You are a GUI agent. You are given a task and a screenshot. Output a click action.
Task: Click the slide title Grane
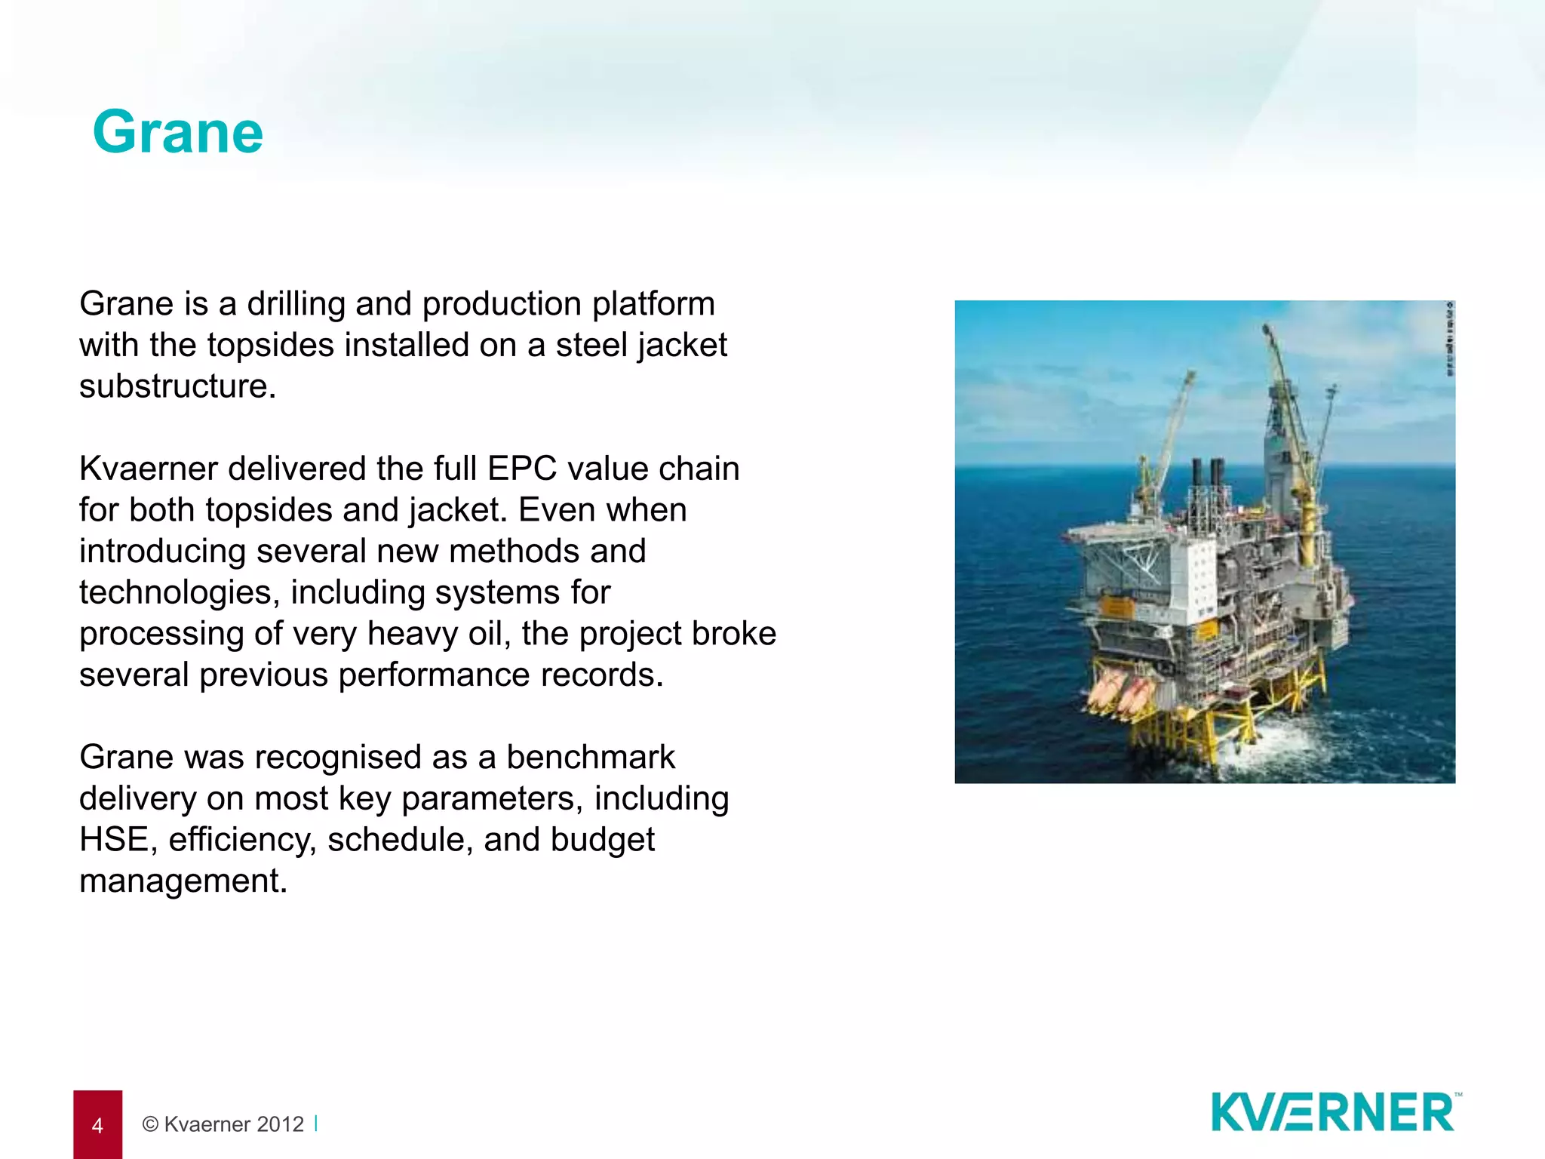point(178,133)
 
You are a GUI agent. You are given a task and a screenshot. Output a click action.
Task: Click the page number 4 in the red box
point(97,1126)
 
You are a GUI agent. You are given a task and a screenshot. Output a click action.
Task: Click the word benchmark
point(591,758)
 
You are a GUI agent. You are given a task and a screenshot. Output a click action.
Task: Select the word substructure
point(177,386)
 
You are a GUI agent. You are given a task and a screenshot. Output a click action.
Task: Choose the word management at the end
point(183,881)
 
